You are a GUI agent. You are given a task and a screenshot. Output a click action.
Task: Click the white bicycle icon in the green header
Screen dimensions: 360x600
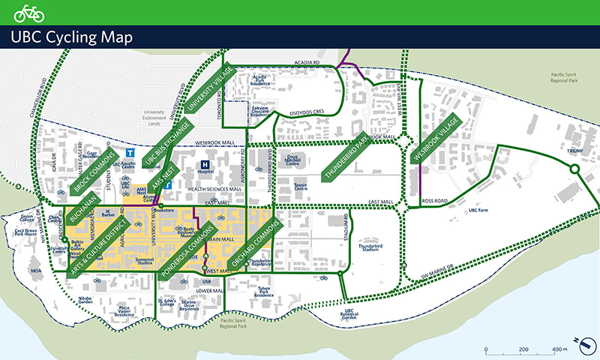coord(29,13)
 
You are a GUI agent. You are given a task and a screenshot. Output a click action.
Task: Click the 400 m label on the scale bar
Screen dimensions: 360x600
coord(559,350)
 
